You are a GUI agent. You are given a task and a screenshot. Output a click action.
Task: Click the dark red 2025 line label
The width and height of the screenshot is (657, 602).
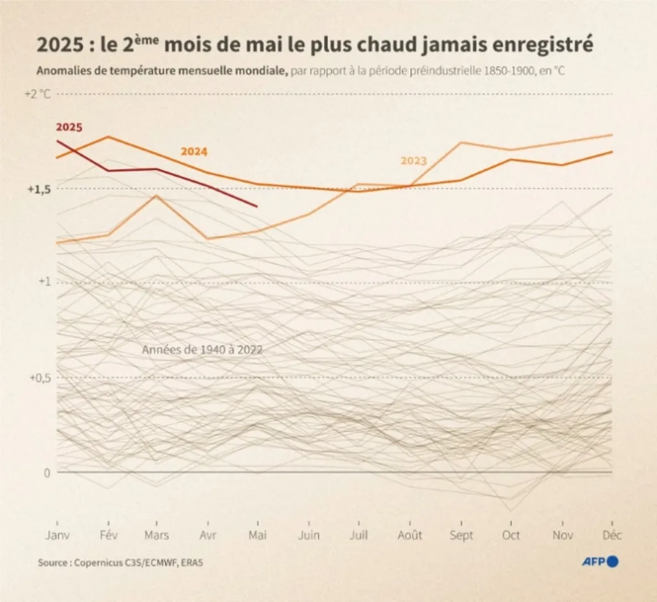[69, 127]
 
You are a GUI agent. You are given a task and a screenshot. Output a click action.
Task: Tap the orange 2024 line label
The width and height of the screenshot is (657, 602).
[194, 152]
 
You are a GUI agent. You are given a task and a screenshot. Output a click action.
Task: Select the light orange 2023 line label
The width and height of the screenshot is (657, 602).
[414, 161]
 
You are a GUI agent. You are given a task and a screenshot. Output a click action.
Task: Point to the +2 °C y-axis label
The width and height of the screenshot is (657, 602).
[37, 94]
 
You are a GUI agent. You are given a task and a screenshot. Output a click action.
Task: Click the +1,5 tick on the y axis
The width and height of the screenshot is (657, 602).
[39, 189]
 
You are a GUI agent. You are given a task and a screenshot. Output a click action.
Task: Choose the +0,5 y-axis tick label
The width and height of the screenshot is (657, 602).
[39, 378]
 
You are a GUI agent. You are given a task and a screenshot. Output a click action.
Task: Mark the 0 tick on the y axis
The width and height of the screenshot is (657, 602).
[46, 472]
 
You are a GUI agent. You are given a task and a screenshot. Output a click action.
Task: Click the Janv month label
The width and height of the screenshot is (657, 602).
[57, 535]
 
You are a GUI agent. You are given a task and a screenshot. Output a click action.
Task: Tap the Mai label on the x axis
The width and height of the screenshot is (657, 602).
[257, 535]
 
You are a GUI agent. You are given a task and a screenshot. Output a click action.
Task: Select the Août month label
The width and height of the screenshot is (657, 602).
[410, 535]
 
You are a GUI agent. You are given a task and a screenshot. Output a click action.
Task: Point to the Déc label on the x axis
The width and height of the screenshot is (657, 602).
[612, 535]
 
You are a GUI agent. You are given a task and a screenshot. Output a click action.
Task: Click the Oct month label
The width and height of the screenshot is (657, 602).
[511, 535]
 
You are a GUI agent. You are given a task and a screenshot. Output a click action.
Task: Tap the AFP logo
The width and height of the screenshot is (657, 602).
[599, 562]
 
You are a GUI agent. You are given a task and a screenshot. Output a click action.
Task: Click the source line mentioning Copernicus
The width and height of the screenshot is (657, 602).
[124, 563]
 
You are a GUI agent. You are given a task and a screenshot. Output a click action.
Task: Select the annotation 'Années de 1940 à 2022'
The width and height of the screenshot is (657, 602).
[203, 350]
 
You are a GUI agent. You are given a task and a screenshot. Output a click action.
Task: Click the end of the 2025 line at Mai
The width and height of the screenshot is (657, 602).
[257, 206]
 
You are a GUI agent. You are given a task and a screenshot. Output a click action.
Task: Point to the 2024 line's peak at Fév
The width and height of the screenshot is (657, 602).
[108, 137]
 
